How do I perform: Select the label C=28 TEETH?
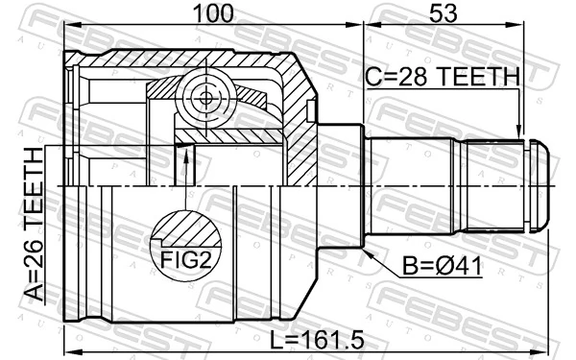tap(444, 75)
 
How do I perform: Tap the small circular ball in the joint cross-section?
tap(204, 97)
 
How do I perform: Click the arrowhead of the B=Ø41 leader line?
tap(369, 248)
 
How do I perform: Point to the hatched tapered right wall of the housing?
tap(303, 125)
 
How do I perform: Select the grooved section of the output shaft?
tap(490, 184)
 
